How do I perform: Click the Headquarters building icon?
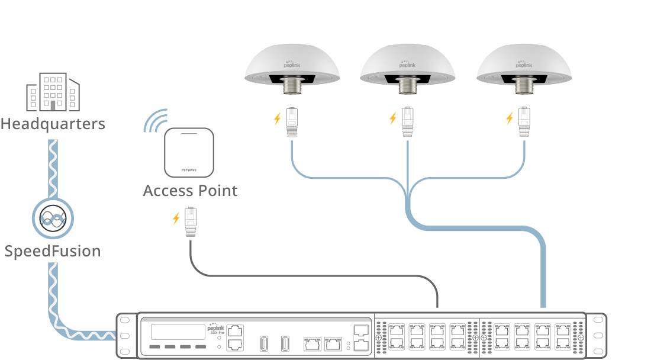click(x=53, y=92)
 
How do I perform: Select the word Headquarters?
click(x=53, y=124)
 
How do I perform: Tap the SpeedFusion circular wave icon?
click(x=52, y=219)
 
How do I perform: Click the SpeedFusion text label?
click(x=52, y=251)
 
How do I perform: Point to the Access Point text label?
click(x=190, y=191)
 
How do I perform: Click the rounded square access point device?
click(x=189, y=153)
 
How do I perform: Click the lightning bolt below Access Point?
click(x=176, y=218)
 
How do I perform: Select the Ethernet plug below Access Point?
click(x=191, y=222)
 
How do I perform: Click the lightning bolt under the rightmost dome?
click(x=510, y=118)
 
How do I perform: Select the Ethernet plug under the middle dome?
click(x=407, y=121)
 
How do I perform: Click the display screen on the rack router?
click(x=177, y=332)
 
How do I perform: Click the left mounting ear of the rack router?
click(x=124, y=335)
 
